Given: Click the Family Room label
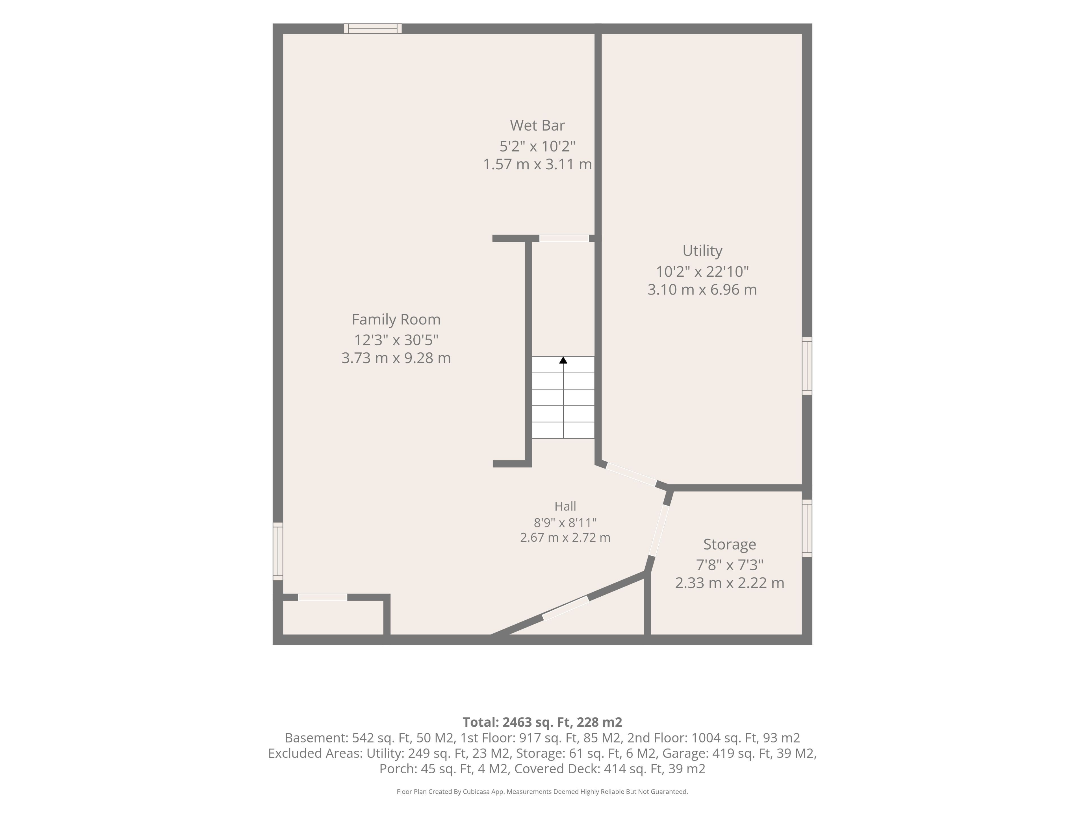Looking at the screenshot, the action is point(396,319).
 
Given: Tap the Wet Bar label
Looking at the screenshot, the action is point(537,125).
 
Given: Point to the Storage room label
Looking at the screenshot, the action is point(729,544).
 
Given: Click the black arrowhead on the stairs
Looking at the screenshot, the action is point(563,360).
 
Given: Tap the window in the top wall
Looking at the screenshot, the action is point(373,29).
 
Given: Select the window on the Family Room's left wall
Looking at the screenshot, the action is point(278,551).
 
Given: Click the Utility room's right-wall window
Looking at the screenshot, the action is point(807,366).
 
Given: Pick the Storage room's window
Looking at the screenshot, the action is point(807,529).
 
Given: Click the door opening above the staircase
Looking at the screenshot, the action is point(564,239).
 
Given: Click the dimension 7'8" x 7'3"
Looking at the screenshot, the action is point(729,565).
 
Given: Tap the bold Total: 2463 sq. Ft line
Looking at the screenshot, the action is point(542,722).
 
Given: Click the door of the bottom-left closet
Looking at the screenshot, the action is point(323,597).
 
